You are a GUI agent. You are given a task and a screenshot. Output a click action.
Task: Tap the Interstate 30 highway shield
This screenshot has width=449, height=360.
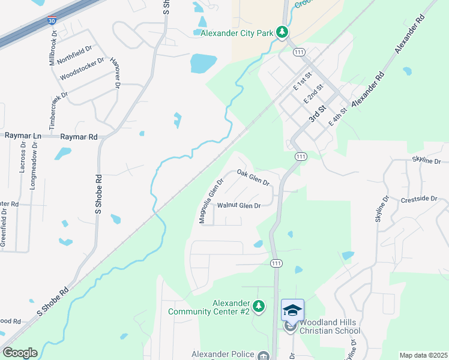(x=52, y=20)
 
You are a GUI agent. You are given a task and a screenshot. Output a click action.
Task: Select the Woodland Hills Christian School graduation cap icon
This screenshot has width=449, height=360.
(x=292, y=310)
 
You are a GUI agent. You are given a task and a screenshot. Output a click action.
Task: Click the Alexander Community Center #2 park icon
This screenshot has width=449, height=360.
(x=259, y=307)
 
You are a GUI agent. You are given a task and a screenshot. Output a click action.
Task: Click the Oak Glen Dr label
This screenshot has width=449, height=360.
(x=253, y=177)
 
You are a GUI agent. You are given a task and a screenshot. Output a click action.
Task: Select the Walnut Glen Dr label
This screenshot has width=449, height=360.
(x=238, y=206)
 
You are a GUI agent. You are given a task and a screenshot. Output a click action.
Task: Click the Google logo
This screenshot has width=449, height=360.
(x=19, y=353)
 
